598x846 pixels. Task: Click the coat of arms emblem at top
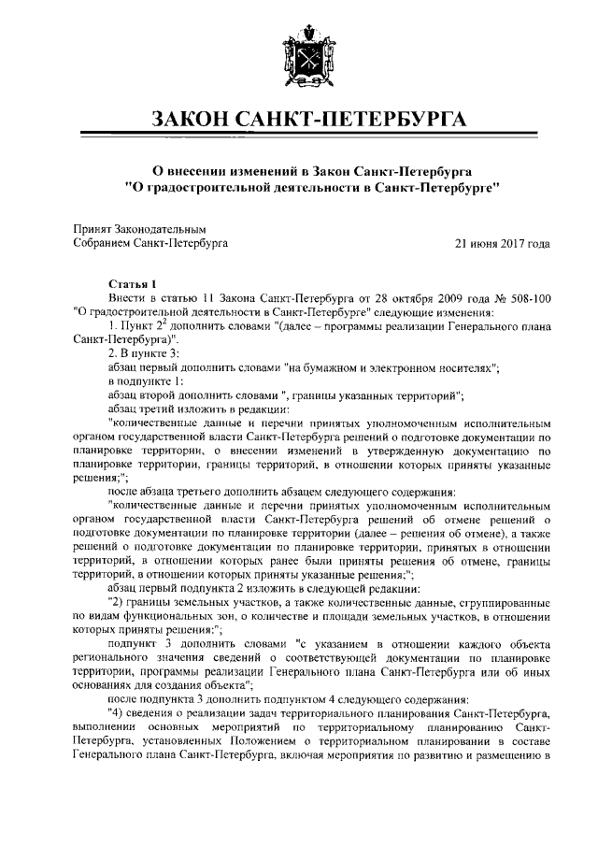coord(299,59)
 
